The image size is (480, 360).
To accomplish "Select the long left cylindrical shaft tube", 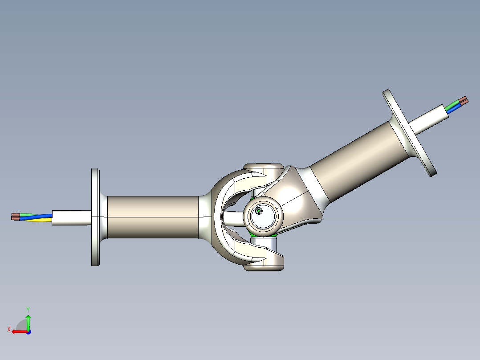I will (x=151, y=217).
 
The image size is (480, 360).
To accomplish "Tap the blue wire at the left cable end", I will (x=33, y=217).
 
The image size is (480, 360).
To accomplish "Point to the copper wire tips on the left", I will (x=15, y=217).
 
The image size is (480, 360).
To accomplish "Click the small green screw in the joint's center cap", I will (x=259, y=210).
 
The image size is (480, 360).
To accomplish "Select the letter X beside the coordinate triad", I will (x=8, y=329).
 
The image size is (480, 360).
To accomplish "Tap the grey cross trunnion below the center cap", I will (x=266, y=244).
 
